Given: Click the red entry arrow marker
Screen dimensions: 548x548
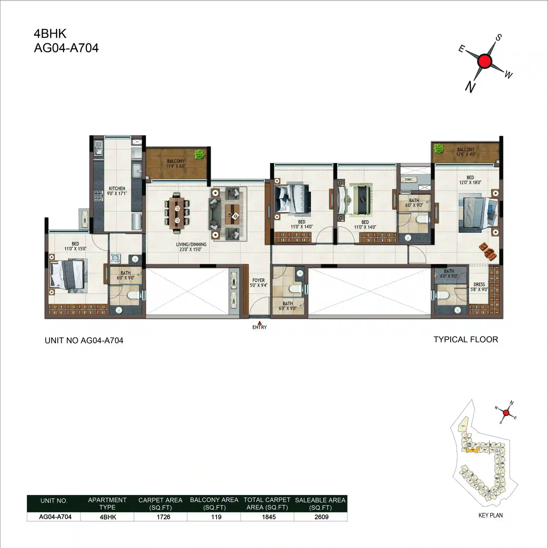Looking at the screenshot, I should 259,323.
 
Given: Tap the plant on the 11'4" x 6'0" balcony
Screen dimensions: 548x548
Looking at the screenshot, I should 199,155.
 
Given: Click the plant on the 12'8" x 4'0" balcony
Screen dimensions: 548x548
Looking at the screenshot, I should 439,148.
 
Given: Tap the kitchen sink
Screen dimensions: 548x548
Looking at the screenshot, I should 98,148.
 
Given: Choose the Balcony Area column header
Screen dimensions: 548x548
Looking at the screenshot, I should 214,503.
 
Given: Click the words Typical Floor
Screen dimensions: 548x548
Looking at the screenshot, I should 466,340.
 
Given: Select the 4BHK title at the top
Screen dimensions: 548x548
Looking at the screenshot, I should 50,34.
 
